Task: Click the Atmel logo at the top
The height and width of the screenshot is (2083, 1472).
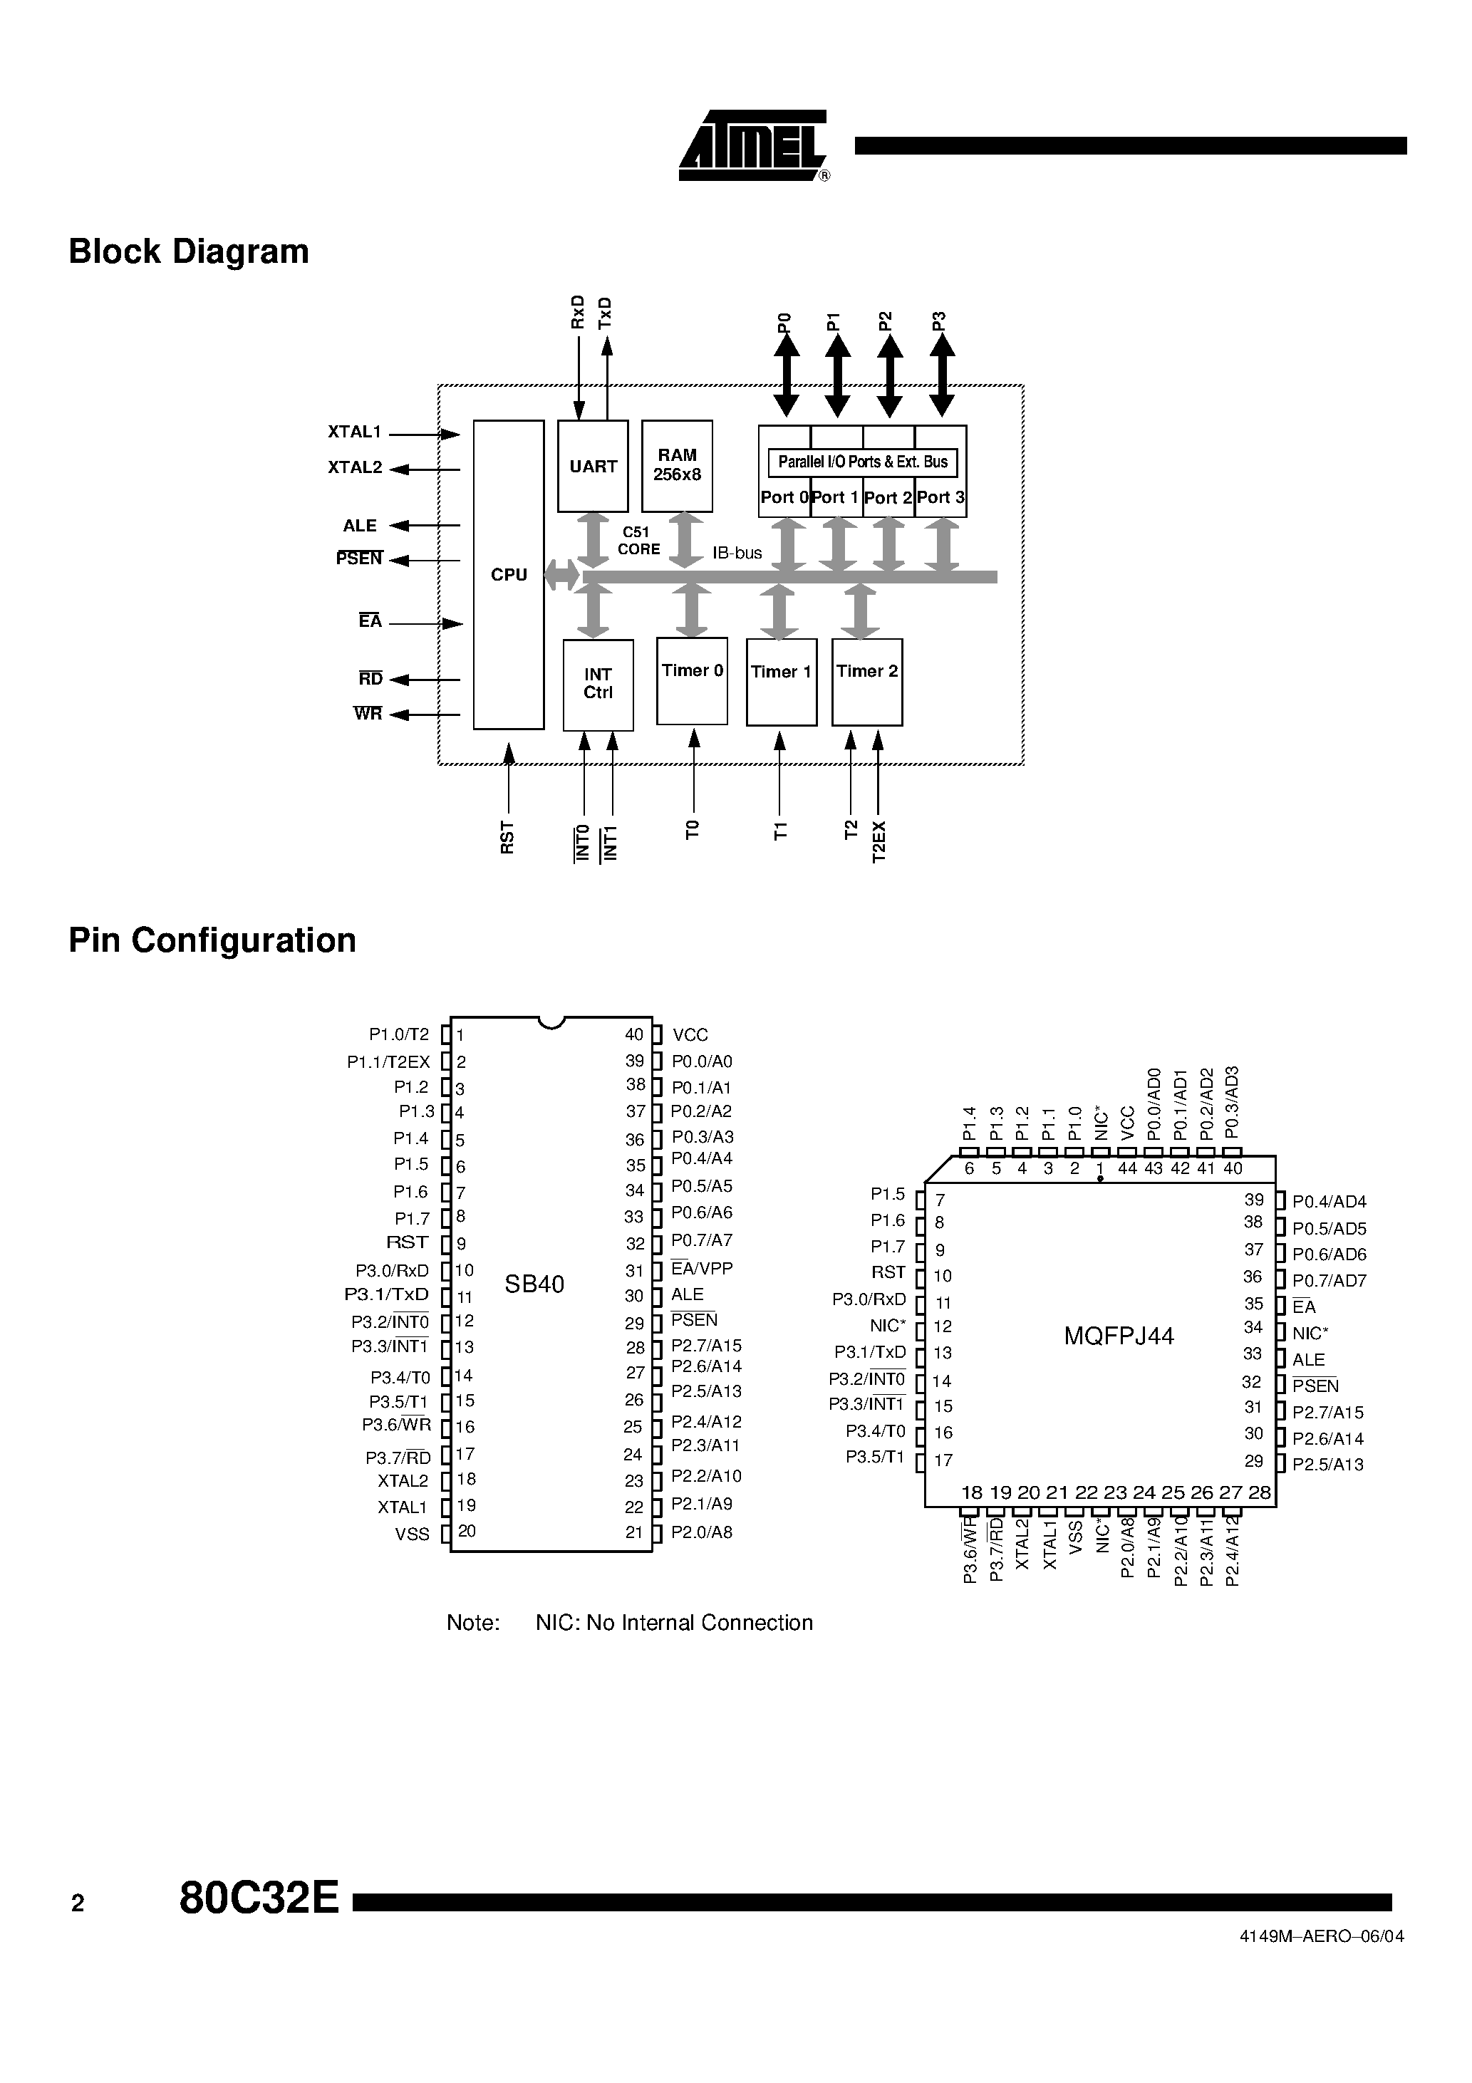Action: (752, 146)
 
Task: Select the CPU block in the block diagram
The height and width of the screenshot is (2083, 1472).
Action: (508, 574)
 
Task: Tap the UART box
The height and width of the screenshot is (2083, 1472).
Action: (593, 467)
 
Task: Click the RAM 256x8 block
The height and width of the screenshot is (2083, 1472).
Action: (677, 465)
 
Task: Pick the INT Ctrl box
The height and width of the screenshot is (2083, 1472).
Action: (598, 684)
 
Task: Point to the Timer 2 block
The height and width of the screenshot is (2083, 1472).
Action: (866, 681)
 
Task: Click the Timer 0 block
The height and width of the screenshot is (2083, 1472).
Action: (692, 680)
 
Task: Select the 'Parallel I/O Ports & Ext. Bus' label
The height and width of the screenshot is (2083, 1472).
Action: (862, 462)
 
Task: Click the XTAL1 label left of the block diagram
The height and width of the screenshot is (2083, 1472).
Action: (355, 432)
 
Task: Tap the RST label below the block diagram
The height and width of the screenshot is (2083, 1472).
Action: (507, 836)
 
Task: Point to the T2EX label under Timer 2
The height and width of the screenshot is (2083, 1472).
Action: (878, 841)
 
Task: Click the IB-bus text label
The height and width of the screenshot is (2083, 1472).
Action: (737, 553)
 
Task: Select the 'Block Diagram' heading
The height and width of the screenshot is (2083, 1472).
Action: (189, 251)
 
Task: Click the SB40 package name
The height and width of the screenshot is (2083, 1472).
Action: (534, 1284)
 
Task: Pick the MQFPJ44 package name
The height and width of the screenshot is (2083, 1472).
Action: (1119, 1336)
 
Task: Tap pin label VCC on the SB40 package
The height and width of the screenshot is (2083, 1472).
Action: (690, 1035)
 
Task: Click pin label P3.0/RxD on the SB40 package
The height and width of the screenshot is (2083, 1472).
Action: (392, 1270)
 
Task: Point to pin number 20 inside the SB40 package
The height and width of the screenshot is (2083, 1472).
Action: (467, 1530)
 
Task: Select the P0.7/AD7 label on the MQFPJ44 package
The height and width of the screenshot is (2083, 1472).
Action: (1329, 1280)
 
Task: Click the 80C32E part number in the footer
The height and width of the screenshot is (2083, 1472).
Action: (259, 1897)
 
